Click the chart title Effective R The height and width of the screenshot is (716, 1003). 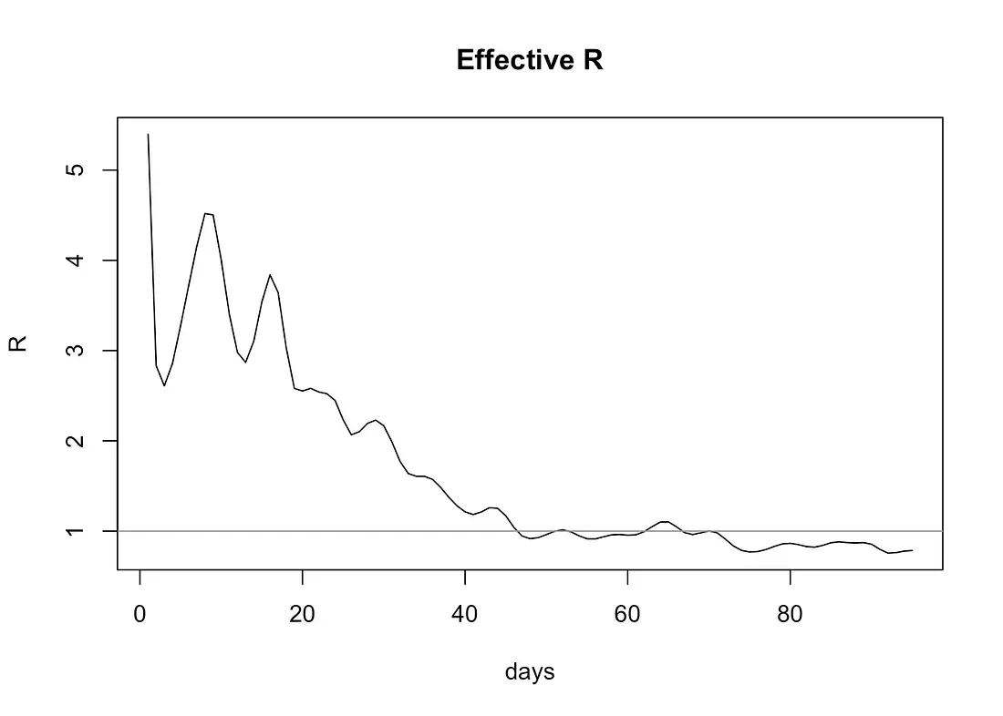(x=529, y=60)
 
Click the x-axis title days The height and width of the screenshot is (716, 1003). (x=529, y=672)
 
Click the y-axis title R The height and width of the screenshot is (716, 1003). (x=18, y=343)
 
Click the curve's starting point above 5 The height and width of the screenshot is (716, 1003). (x=148, y=134)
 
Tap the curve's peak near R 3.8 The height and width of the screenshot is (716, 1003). (x=270, y=274)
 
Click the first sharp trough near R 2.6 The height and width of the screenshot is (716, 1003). (x=164, y=385)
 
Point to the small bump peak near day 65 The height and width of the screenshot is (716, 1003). (x=665, y=521)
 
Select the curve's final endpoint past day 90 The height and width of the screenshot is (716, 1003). (x=912, y=550)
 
